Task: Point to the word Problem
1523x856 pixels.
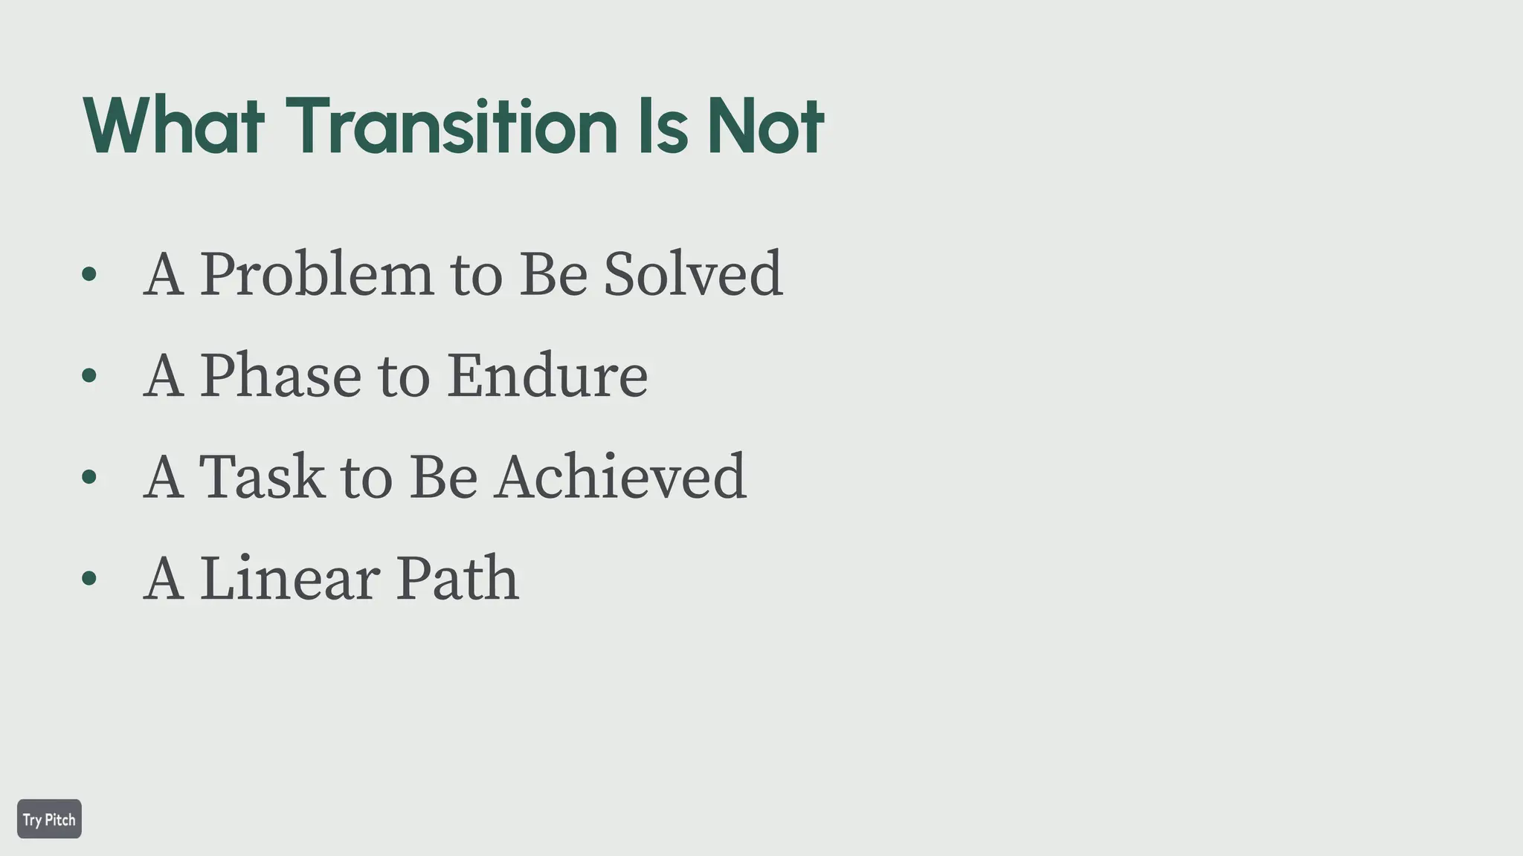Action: click(x=316, y=274)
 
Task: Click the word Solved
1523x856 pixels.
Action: click(x=692, y=274)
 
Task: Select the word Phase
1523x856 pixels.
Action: click(x=280, y=376)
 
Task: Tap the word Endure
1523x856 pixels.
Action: click(x=547, y=376)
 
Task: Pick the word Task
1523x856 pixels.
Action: click(x=262, y=476)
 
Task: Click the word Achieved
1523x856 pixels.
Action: click(x=621, y=476)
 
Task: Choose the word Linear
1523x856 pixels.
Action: click(x=289, y=578)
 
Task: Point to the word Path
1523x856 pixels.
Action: click(x=457, y=578)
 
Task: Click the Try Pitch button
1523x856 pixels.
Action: click(x=49, y=819)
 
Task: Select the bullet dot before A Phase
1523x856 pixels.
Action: click(x=89, y=376)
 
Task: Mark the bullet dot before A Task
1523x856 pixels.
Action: click(x=89, y=477)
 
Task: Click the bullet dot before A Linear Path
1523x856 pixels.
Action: click(x=89, y=578)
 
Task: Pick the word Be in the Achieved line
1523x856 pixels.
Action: click(x=443, y=476)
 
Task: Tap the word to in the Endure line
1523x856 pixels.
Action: click(x=404, y=376)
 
